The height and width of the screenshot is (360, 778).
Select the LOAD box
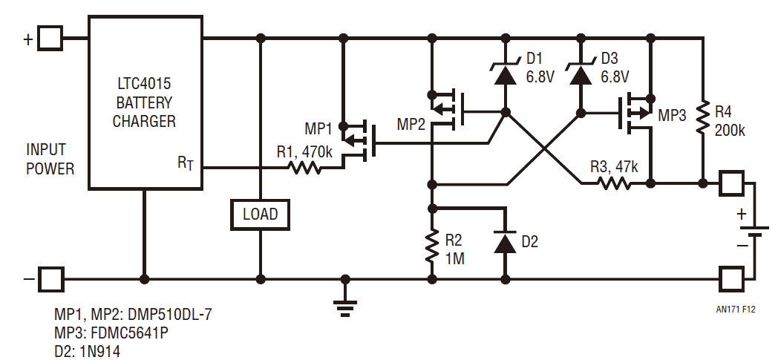tap(260, 215)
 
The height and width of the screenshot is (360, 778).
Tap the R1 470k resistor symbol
tap(304, 168)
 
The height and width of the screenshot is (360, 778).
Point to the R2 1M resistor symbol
tap(431, 246)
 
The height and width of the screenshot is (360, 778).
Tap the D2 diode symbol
tap(506, 243)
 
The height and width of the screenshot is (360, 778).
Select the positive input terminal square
tap(50, 38)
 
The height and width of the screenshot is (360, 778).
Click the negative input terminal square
tap(50, 279)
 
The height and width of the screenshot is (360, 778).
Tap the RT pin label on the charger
tap(186, 163)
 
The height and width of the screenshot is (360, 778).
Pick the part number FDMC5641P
tap(123, 332)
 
